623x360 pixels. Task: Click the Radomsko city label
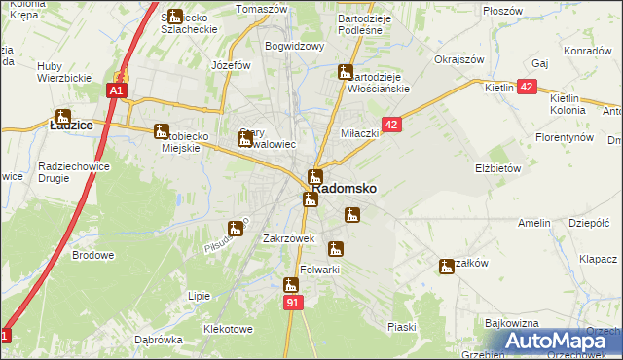[x=344, y=189]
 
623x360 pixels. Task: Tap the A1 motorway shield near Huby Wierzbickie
[x=115, y=90]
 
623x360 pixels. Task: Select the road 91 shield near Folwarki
[x=293, y=304]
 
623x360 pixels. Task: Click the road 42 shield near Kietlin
[x=527, y=88]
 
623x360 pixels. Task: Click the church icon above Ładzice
[x=63, y=116]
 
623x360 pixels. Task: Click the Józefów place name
[x=232, y=65]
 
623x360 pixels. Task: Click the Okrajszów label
[x=459, y=59]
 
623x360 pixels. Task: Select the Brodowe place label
[x=92, y=255]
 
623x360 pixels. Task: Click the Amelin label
[x=534, y=223]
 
